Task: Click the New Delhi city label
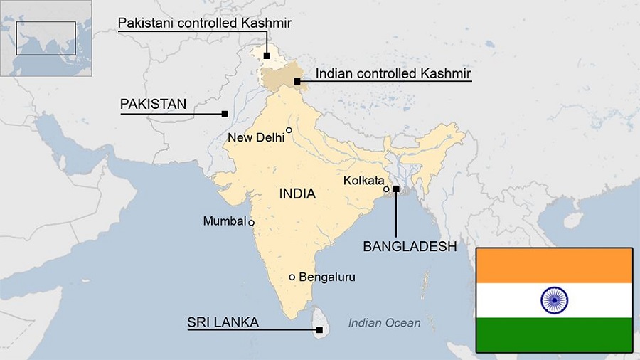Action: tap(256, 137)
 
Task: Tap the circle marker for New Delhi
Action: tap(289, 129)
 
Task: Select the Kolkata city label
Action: tap(363, 180)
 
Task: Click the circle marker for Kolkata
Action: tap(386, 189)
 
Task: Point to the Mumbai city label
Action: tap(224, 221)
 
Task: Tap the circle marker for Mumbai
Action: tap(251, 223)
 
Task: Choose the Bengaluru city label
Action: tap(326, 277)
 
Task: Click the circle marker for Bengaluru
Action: tap(292, 277)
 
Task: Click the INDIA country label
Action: tap(297, 194)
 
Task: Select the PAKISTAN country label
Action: tap(153, 104)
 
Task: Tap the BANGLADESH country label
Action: tap(409, 246)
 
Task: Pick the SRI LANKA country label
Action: tap(223, 322)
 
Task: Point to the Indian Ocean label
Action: tap(384, 323)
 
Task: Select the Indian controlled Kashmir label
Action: tap(393, 73)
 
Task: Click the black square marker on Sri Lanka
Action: tap(319, 329)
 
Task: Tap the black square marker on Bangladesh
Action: tap(395, 189)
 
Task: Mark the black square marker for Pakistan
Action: tap(225, 114)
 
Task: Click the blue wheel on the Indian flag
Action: tap(554, 300)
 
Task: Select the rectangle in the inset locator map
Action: tap(46, 38)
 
